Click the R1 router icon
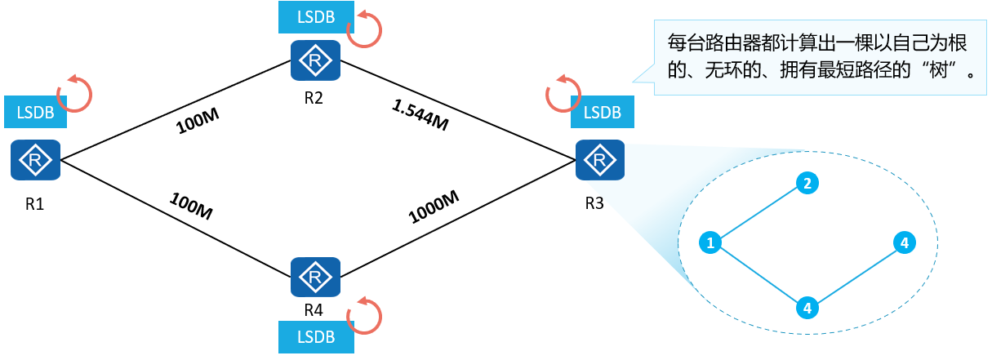click(x=35, y=160)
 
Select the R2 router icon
click(x=315, y=60)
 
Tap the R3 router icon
click(x=599, y=160)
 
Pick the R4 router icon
click(x=315, y=278)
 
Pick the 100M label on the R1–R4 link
click(x=191, y=207)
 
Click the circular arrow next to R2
click(x=364, y=29)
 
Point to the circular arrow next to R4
click(x=364, y=314)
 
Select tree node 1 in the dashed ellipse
click(x=711, y=242)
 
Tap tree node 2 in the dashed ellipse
click(x=807, y=184)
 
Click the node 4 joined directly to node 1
click(x=807, y=309)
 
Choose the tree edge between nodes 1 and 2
click(x=758, y=213)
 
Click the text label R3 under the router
click(x=594, y=203)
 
